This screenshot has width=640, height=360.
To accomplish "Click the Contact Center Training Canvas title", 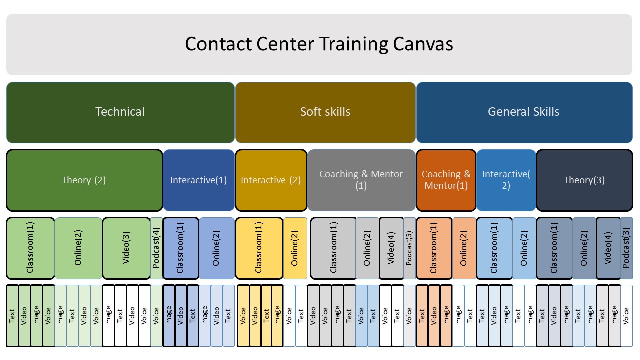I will click(319, 44).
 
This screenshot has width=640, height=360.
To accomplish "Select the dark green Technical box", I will click(120, 112).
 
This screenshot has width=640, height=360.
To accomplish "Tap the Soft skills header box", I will click(325, 112).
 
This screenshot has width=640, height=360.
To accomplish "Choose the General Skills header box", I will click(524, 112).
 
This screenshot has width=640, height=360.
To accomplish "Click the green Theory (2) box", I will click(84, 180).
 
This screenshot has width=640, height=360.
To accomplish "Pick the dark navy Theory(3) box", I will click(584, 180).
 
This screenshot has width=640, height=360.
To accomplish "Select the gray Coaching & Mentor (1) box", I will click(361, 180).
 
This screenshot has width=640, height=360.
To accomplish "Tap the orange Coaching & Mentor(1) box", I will click(446, 180).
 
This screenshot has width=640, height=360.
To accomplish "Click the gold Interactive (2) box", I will click(271, 180).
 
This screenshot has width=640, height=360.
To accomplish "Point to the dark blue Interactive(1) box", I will click(198, 180).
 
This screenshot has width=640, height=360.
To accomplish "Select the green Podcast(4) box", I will click(156, 248).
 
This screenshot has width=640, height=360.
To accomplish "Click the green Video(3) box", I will click(126, 248).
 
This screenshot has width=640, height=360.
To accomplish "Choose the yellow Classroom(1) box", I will click(259, 248).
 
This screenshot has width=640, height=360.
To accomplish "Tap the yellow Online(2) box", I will click(295, 248).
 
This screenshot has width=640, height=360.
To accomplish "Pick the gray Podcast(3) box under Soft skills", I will click(409, 248).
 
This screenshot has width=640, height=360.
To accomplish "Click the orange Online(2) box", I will click(464, 248).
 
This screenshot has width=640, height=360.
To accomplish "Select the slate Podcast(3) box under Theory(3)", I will click(626, 248).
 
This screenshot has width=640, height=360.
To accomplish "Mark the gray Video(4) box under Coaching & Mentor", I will click(391, 248).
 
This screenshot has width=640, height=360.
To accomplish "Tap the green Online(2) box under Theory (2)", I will click(78, 248).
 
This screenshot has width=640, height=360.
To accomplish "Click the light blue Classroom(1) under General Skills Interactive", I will click(494, 248).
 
